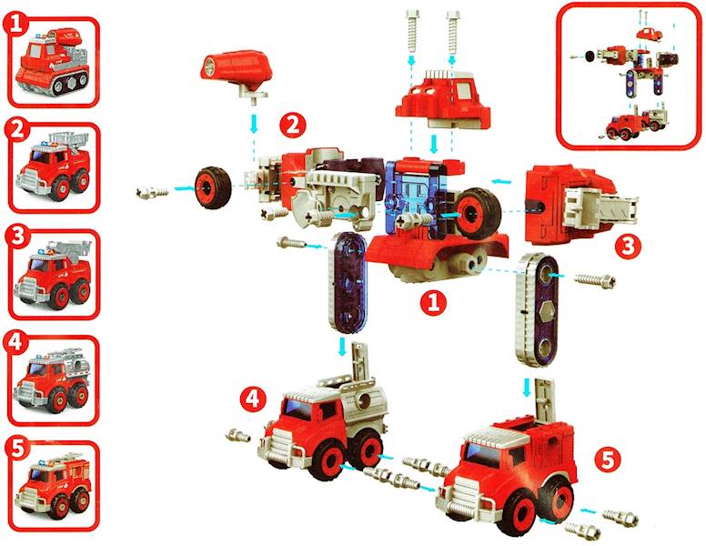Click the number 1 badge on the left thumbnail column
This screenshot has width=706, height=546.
[x=15, y=24]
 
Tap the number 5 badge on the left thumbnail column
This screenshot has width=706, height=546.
[x=16, y=449]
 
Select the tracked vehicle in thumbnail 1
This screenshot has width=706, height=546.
[x=52, y=62]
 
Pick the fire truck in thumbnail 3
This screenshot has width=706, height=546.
[x=53, y=274]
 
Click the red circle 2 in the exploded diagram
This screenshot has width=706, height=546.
[x=293, y=125]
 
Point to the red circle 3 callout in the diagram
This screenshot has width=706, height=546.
[x=628, y=246]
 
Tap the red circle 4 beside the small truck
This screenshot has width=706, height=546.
[x=253, y=399]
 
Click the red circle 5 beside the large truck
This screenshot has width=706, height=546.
[x=608, y=460]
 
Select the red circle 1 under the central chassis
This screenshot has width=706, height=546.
[x=433, y=302]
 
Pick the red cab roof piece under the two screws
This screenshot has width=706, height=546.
[x=442, y=98]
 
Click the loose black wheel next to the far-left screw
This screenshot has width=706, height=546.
[x=213, y=187]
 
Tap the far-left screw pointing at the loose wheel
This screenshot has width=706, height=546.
[x=152, y=192]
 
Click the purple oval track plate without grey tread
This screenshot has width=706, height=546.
[x=348, y=283]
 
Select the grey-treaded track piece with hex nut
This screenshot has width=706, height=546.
[x=538, y=310]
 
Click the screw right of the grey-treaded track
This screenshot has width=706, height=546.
[x=595, y=280]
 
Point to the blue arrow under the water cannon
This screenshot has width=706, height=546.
[x=255, y=124]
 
